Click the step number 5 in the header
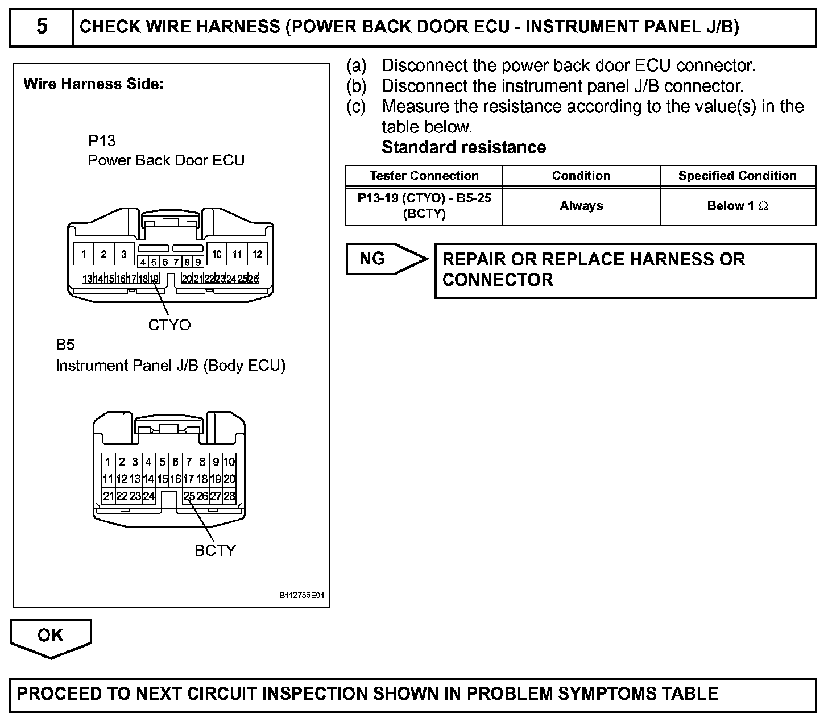click(x=42, y=27)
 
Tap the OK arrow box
click(x=51, y=635)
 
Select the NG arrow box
click(x=381, y=259)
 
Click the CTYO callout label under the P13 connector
click(x=169, y=325)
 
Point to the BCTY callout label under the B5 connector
click(x=215, y=550)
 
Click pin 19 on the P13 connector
click(x=154, y=279)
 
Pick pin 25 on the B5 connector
click(x=189, y=496)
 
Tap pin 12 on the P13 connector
click(x=257, y=254)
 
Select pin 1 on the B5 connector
click(x=108, y=462)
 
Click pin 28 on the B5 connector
click(x=229, y=496)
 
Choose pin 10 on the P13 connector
click(x=217, y=254)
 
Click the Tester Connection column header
click(x=424, y=176)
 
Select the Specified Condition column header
click(x=737, y=176)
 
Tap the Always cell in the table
click(x=581, y=206)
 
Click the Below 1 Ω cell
click(x=737, y=206)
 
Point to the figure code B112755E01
click(x=301, y=596)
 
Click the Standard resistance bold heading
click(x=463, y=147)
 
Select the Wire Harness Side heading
click(x=94, y=84)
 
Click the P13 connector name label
click(x=102, y=140)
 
